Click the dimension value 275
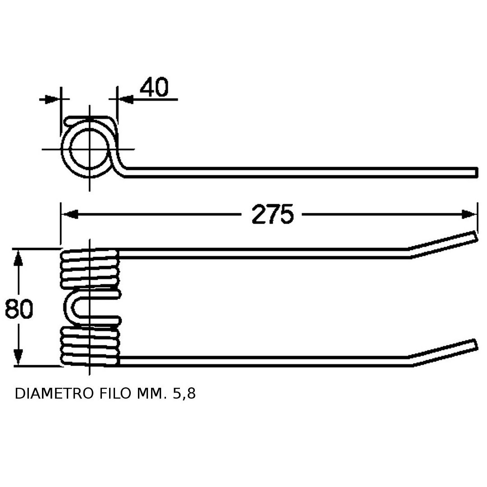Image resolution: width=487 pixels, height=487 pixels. tap(272, 214)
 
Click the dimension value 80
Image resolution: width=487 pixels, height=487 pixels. tap(19, 309)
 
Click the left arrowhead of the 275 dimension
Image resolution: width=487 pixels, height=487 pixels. tap(69, 214)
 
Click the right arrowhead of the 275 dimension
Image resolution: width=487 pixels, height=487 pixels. tap(469, 214)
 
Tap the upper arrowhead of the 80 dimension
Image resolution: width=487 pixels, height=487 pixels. tap(18, 258)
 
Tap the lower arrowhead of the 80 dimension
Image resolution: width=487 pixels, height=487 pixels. tap(18, 357)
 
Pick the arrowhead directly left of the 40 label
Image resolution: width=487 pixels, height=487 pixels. tap(125, 99)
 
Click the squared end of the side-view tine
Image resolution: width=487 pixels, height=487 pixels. tap(476, 172)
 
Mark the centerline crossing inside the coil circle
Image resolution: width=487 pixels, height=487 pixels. tap(90, 149)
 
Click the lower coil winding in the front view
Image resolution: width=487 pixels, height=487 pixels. tap(90, 346)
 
